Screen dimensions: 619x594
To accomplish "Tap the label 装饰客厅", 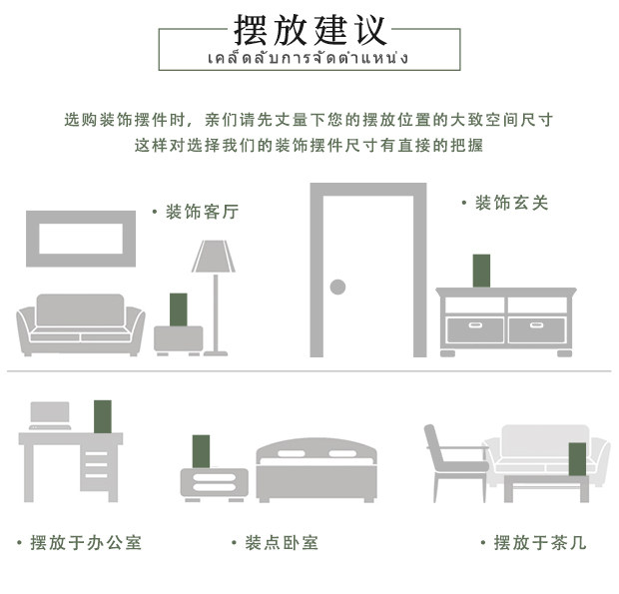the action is (201, 212).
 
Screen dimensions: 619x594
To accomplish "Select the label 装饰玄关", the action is (510, 203).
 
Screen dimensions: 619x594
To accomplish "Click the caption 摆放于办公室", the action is (85, 543).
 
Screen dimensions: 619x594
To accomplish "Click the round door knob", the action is (337, 288).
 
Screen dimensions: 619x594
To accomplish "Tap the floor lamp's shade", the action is (214, 257).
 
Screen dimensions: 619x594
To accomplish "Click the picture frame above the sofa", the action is (80, 239).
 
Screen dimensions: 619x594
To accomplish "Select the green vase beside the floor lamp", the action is (179, 309).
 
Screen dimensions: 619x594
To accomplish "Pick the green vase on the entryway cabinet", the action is (481, 271).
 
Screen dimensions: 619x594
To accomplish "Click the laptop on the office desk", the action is (50, 415).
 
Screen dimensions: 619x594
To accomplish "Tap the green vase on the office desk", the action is (102, 415).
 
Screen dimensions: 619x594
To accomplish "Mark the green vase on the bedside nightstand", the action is (202, 450).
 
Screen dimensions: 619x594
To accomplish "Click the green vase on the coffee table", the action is (577, 458).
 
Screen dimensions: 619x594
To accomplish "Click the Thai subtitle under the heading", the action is (309, 58).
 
